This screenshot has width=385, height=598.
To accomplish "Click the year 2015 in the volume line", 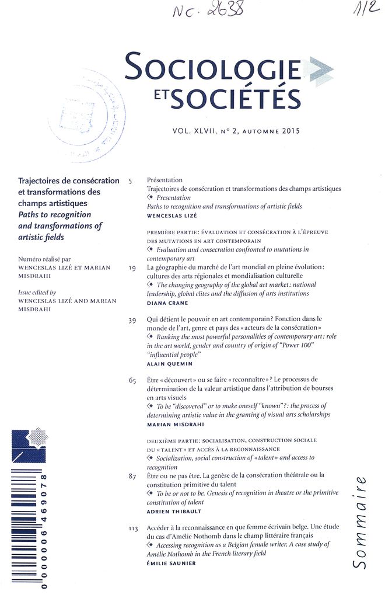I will point(290,131).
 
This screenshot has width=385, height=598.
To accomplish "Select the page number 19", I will point(132,267).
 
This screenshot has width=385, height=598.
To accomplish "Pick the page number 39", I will point(132,321).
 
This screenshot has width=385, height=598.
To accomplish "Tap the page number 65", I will point(132,381).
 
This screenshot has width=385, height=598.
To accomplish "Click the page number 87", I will point(132,477).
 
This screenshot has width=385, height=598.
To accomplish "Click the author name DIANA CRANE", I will point(168,304).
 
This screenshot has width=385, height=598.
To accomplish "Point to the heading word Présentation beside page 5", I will point(165,180).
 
